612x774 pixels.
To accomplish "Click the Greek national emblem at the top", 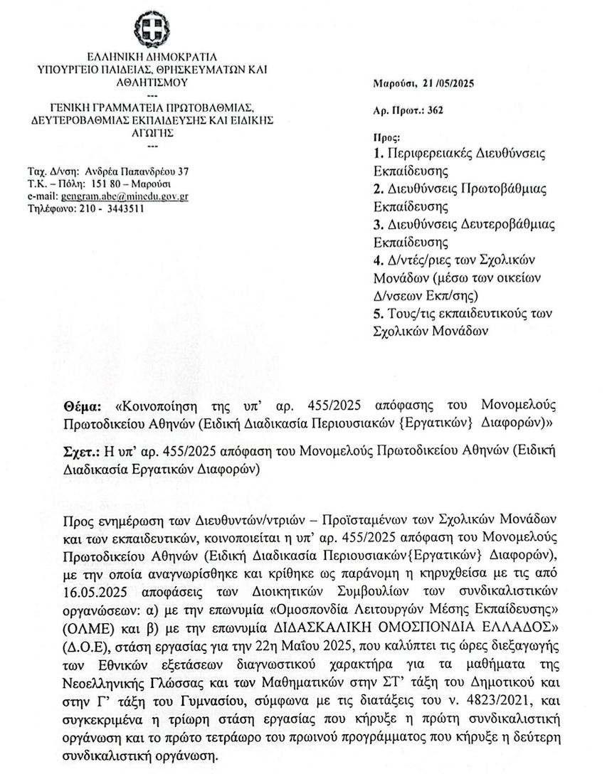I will click(x=152, y=31).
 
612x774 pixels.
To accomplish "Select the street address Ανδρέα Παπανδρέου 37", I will click(x=137, y=171).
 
